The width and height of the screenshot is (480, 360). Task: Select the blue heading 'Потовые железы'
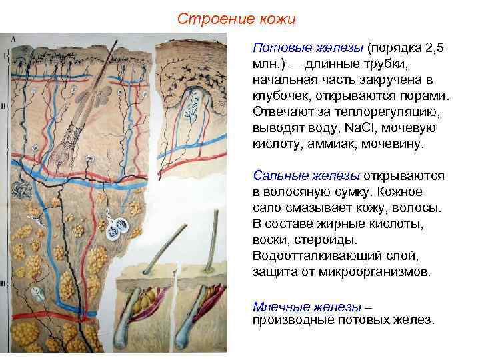coord(307,49)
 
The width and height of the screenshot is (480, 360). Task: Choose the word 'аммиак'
coord(341,145)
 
